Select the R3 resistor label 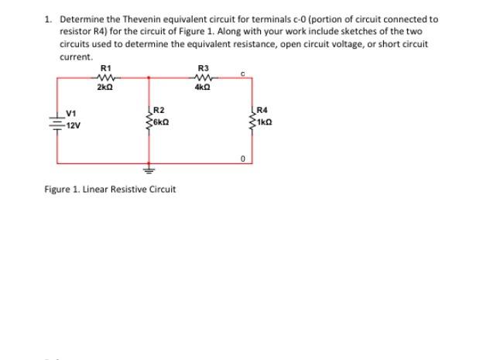(203, 68)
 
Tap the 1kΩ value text (262, 122)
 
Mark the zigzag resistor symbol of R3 (204, 77)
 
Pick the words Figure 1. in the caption (60, 189)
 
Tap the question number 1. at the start (48, 19)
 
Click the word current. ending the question (75, 57)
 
